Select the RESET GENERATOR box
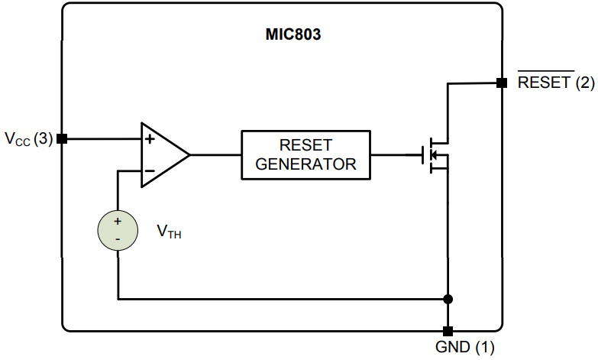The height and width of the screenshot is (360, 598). pos(305,154)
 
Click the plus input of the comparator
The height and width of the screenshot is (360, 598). pos(150,139)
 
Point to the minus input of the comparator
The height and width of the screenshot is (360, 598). pos(150,170)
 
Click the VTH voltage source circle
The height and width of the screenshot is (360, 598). pos(118,230)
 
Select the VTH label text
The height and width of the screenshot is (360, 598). pos(168,231)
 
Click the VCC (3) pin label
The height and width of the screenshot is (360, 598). pos(28,139)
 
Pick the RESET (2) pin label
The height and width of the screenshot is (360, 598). pos(556,83)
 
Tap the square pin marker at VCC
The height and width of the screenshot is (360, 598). pos(63,138)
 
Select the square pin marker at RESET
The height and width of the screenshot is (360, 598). pos(501,83)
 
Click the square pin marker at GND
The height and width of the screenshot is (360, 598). pos(448,331)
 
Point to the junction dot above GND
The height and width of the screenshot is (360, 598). pos(448,298)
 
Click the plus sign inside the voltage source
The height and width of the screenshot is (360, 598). pos(118,221)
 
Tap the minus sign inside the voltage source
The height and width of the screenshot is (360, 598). pos(118,239)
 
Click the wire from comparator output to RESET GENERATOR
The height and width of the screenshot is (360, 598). pos(215,154)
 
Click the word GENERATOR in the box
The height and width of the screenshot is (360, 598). pos(305,164)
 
